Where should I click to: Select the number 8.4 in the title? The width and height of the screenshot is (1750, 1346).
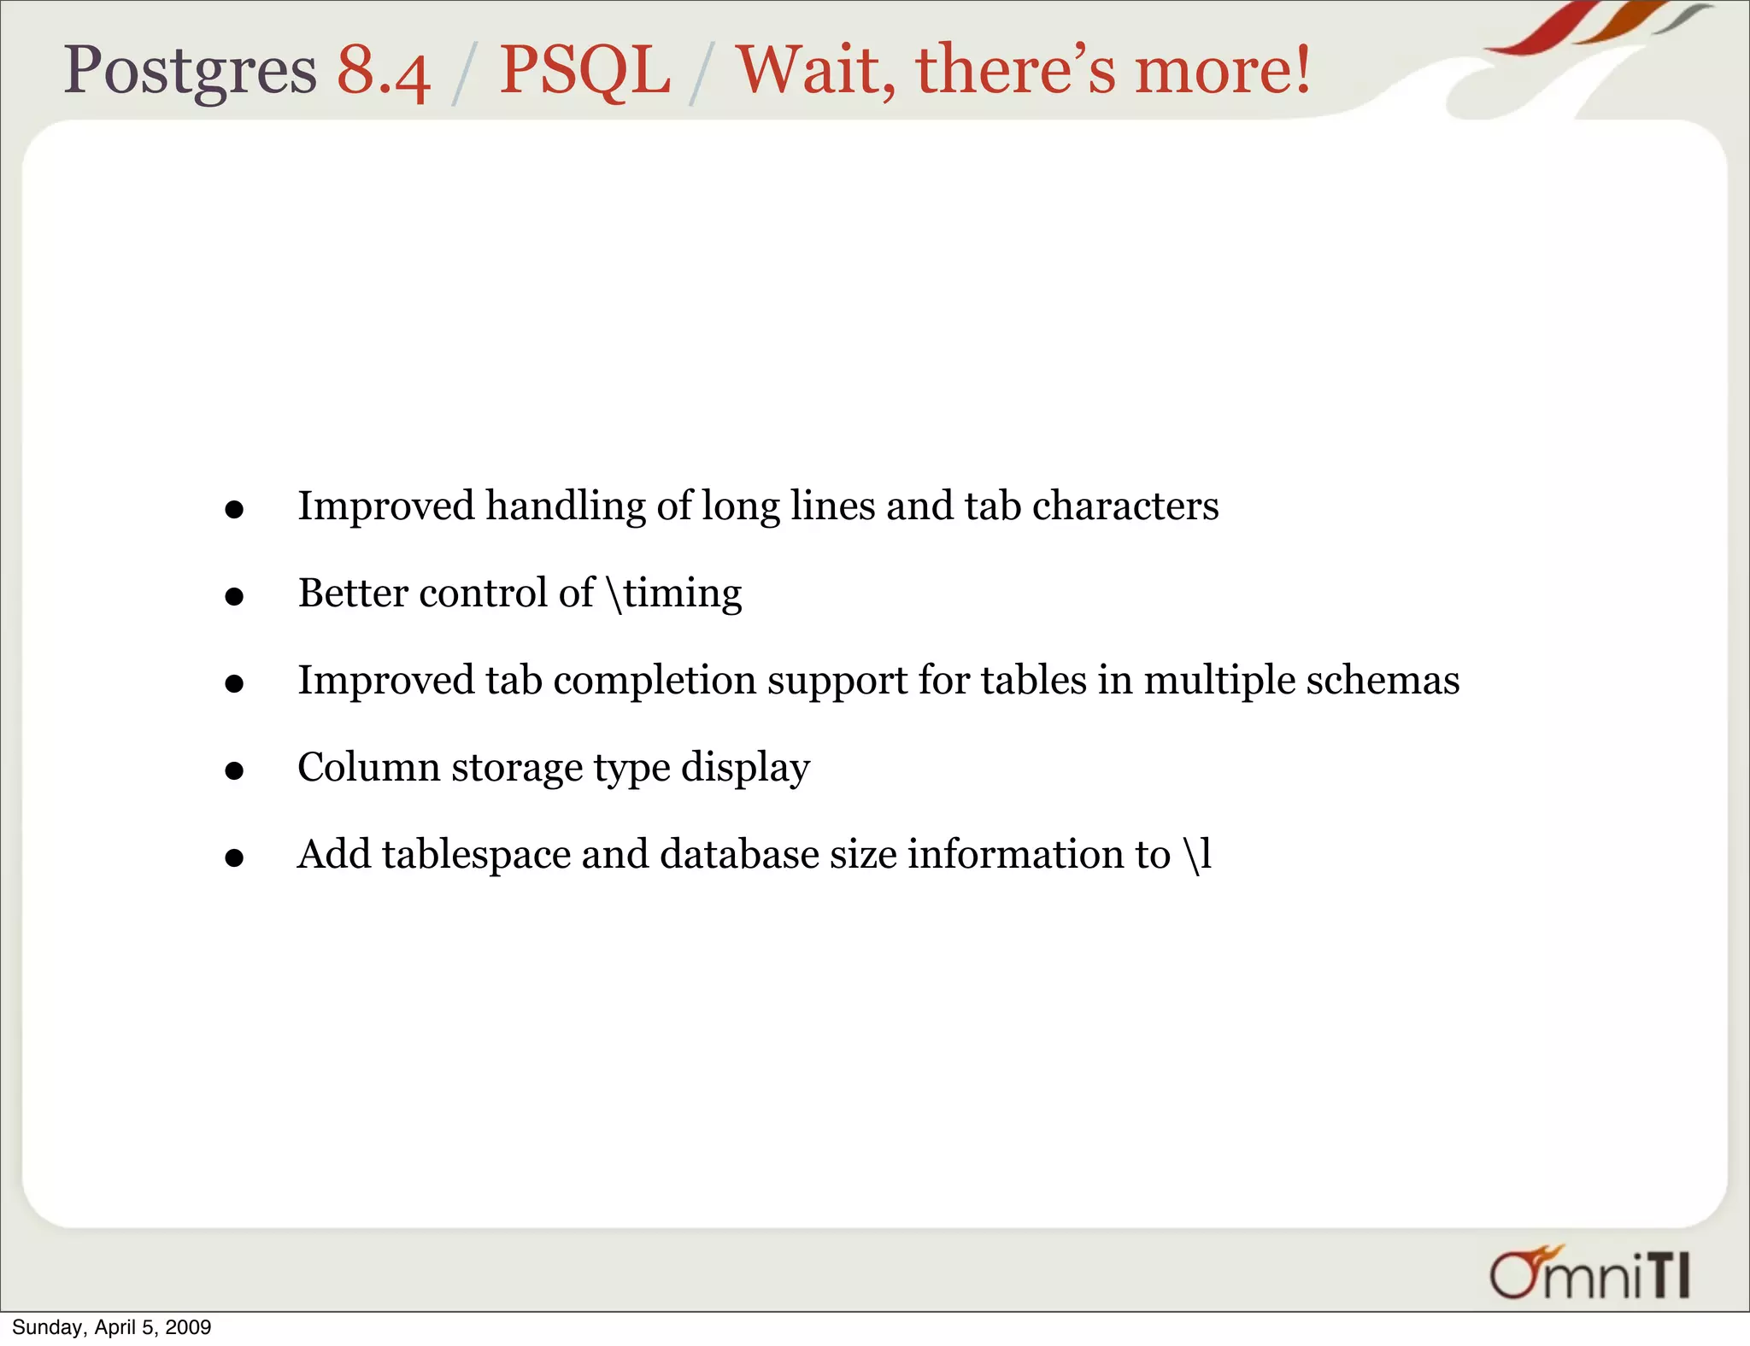click(383, 72)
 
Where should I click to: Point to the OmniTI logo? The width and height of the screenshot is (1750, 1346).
click(1589, 1274)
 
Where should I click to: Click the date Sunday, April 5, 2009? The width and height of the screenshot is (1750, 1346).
click(111, 1327)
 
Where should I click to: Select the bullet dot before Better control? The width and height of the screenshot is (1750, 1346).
click(234, 597)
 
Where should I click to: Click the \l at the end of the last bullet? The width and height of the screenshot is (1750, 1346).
click(1198, 854)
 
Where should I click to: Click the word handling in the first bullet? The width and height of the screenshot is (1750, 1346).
click(565, 506)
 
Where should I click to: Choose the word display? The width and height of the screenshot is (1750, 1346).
click(745, 768)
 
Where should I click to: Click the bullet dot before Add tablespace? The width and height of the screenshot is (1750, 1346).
click(234, 857)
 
